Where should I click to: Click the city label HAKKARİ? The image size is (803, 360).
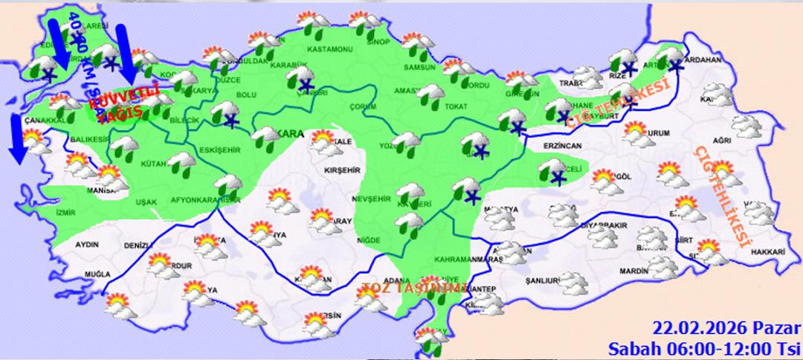770,253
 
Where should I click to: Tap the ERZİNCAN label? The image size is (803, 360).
562,147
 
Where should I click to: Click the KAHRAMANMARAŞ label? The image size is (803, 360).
471,260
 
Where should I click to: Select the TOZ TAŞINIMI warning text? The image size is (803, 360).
413,288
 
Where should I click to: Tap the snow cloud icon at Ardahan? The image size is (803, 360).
674,57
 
